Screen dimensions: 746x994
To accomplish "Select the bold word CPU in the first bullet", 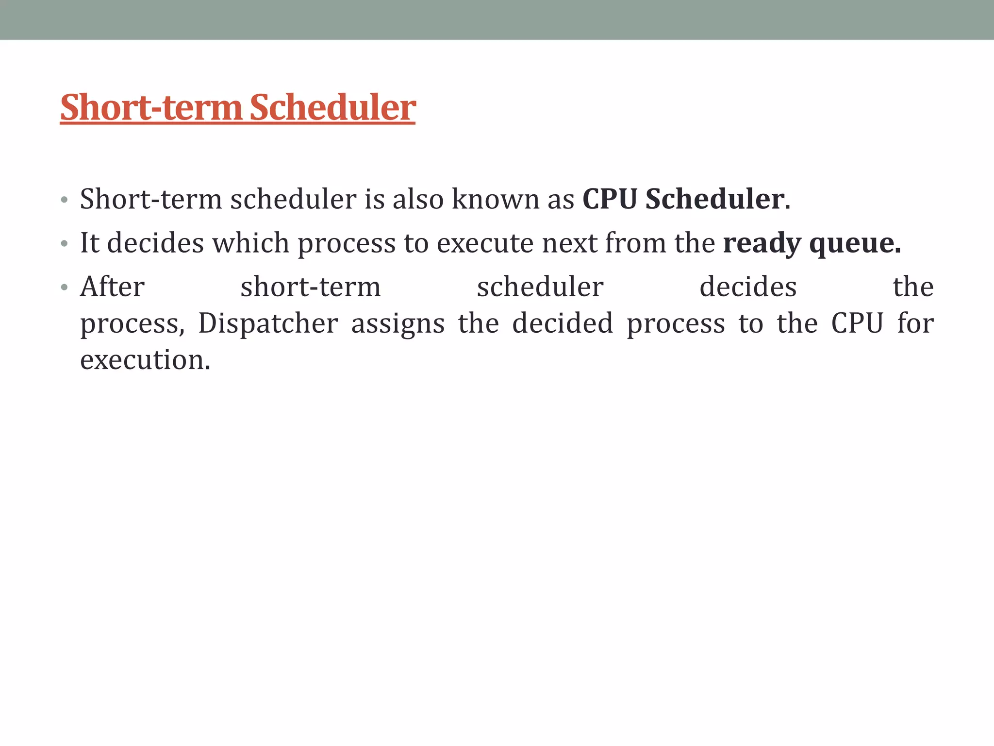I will coord(610,199).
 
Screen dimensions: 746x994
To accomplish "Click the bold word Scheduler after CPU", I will coord(714,199).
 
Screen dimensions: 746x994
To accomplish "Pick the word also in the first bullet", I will coord(418,199).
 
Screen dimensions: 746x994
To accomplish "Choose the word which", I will coord(251,243).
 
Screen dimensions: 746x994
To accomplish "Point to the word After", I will coord(112,287).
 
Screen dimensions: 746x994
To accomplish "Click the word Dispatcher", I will coord(268,323).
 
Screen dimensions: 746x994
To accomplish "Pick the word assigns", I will coord(398,324).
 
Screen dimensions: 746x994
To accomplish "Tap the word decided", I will coord(563,323).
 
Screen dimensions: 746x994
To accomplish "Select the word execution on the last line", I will coord(145,360).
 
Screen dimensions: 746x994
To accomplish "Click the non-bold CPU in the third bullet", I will coord(857,323).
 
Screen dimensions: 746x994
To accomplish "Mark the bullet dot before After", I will coord(64,288).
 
